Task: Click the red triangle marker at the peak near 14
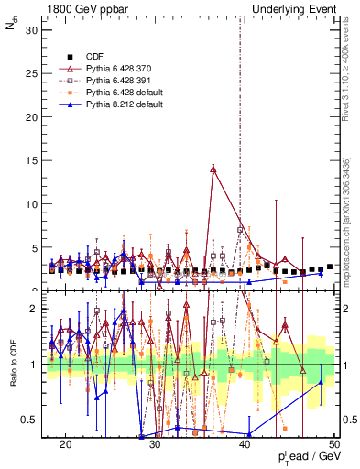213,169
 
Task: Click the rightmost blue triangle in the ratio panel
320,381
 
